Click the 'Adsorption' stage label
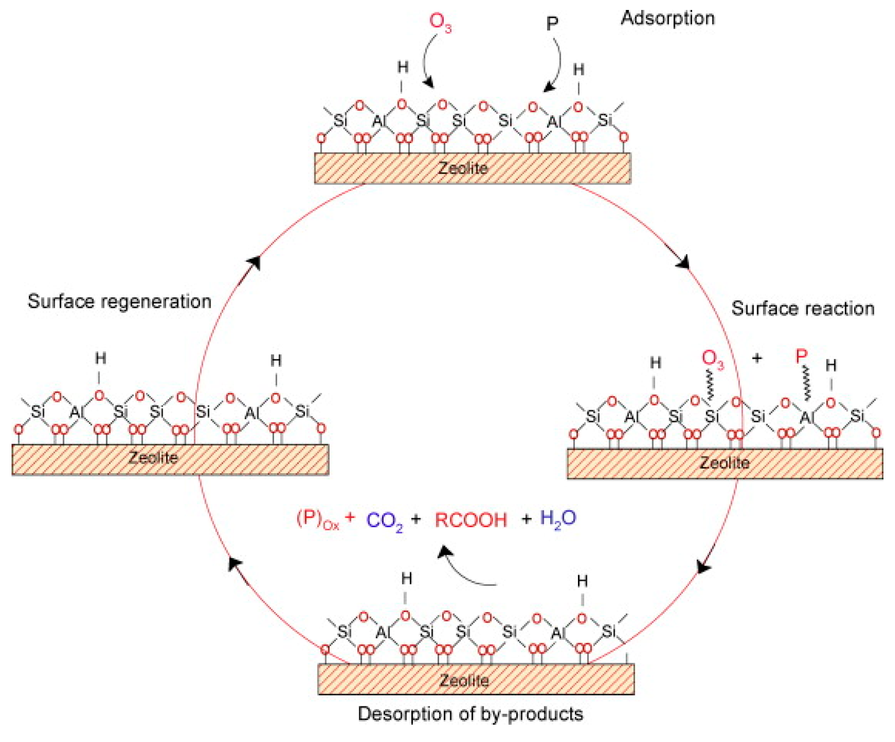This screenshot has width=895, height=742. pyautogui.click(x=667, y=18)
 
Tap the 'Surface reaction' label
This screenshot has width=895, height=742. pyautogui.click(x=802, y=309)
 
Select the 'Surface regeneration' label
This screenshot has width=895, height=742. pyautogui.click(x=119, y=301)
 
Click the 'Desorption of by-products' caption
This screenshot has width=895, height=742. pyautogui.click(x=470, y=714)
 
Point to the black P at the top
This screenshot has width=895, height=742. pyautogui.click(x=552, y=24)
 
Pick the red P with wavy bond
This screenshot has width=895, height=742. pyautogui.click(x=801, y=357)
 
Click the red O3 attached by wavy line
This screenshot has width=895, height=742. pyautogui.click(x=712, y=359)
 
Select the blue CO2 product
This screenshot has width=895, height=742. pyautogui.click(x=385, y=521)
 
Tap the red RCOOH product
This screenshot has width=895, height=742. pyautogui.click(x=471, y=520)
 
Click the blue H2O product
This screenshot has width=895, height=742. pyautogui.click(x=558, y=519)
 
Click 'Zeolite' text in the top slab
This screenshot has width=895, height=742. pyautogui.click(x=463, y=168)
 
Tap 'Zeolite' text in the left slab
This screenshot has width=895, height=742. pyautogui.click(x=153, y=457)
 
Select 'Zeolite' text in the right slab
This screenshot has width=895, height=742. pyautogui.click(x=724, y=463)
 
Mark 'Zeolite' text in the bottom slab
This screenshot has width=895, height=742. pyautogui.click(x=464, y=680)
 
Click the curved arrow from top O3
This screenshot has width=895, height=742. pyautogui.click(x=425, y=63)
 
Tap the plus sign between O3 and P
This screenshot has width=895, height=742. pyautogui.click(x=757, y=358)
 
